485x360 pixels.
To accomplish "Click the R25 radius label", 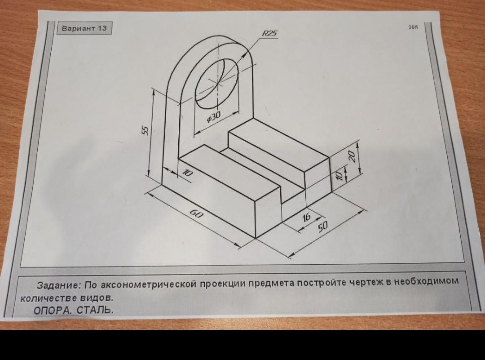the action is pos(270,33).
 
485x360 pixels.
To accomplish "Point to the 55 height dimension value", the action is pos(145,130).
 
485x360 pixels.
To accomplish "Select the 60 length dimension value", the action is pos(196,213).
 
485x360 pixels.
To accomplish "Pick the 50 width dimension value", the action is pos(322,227).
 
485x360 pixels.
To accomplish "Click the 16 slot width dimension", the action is pos(306,217).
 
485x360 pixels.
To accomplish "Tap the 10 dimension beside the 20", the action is pos(339,176).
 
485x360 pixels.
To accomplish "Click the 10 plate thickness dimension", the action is pos(187,173).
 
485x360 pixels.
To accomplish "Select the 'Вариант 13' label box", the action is pos(84,28).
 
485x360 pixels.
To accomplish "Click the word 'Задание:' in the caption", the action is pos(59,285).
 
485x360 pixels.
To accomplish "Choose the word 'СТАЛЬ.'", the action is pos(95,310).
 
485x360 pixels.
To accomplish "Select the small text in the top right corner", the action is pos(413,27).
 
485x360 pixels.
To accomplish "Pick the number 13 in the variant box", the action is pos(102,28).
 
